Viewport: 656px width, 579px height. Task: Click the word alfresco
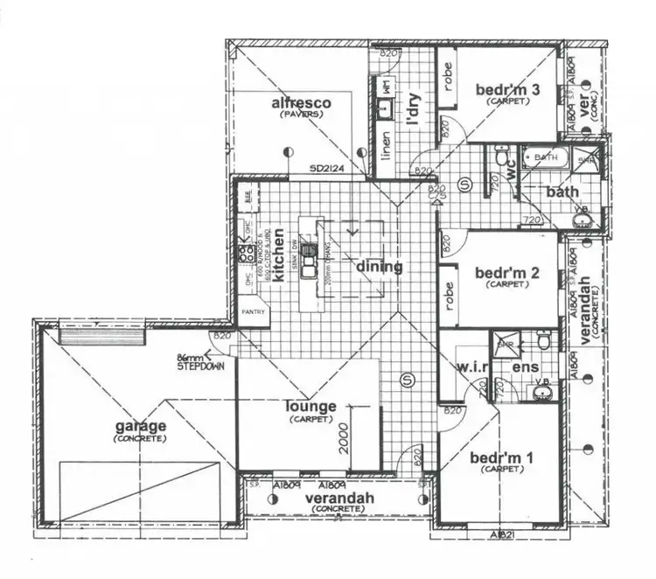click(x=301, y=104)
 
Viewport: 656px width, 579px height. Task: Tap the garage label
click(x=139, y=426)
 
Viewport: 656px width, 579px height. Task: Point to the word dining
click(x=379, y=267)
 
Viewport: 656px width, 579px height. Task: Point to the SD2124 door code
click(x=324, y=169)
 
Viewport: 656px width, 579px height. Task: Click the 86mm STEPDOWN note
click(x=201, y=362)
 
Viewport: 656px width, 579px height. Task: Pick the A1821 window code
click(x=499, y=534)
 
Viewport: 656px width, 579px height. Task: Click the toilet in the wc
click(x=501, y=160)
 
